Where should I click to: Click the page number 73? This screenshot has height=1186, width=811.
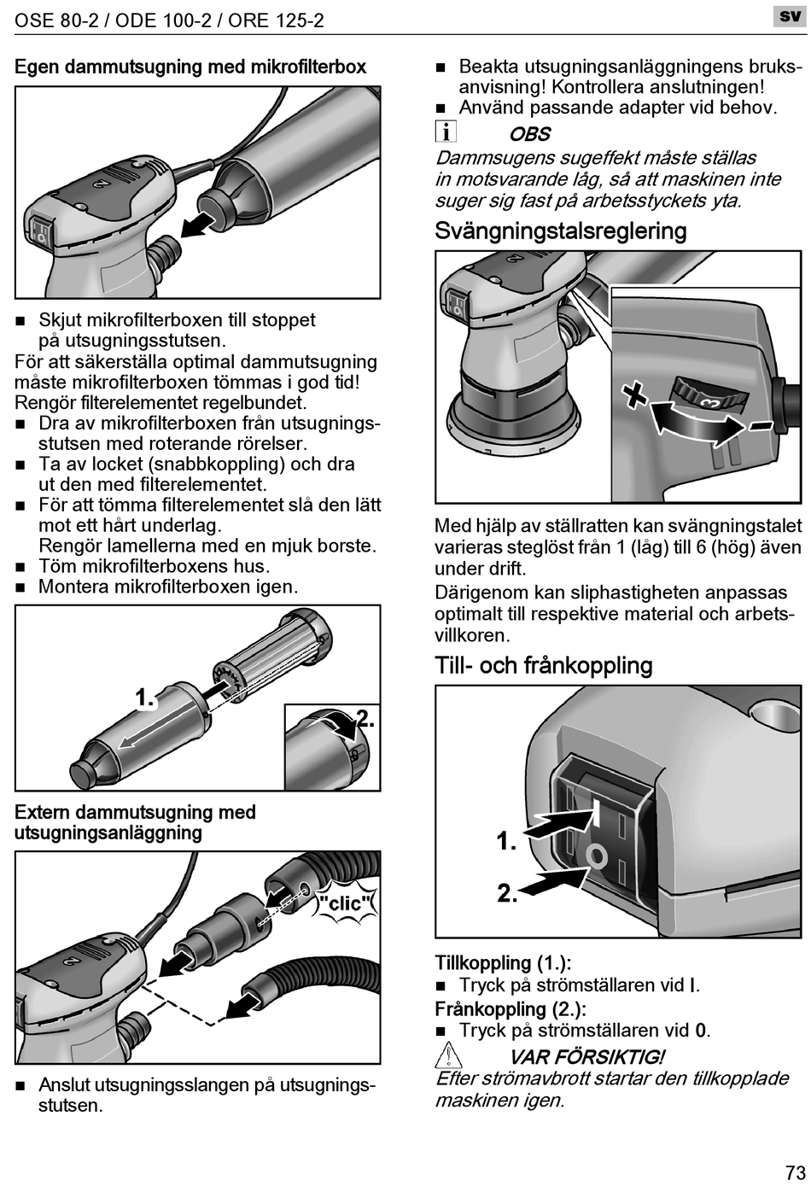pyautogui.click(x=795, y=1171)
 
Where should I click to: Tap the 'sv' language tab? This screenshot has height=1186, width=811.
pyautogui.click(x=790, y=16)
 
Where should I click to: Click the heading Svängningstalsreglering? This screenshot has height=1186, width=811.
pyautogui.click(x=560, y=231)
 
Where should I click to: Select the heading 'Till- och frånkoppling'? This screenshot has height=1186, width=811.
pyautogui.click(x=543, y=666)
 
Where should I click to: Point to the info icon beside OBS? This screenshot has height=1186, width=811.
pyautogui.click(x=446, y=132)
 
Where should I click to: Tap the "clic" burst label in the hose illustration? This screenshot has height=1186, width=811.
pyautogui.click(x=345, y=903)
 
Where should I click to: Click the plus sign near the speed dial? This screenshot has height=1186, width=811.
pyautogui.click(x=634, y=394)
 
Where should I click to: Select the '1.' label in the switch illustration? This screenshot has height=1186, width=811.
pyautogui.click(x=507, y=842)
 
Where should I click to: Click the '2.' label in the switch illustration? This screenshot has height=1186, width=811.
pyautogui.click(x=508, y=894)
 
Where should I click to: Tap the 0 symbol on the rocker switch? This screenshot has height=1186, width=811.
pyautogui.click(x=598, y=854)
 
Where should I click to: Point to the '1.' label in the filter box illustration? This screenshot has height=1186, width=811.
pyautogui.click(x=145, y=698)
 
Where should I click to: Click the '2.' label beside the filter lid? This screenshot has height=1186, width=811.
pyautogui.click(x=365, y=718)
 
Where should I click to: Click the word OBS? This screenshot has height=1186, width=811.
pyautogui.click(x=529, y=134)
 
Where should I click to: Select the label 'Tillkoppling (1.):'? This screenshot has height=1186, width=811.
pyautogui.click(x=503, y=963)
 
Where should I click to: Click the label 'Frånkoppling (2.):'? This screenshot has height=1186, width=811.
pyautogui.click(x=510, y=1008)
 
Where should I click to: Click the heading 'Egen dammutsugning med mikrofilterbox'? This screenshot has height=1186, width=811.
pyautogui.click(x=190, y=67)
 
